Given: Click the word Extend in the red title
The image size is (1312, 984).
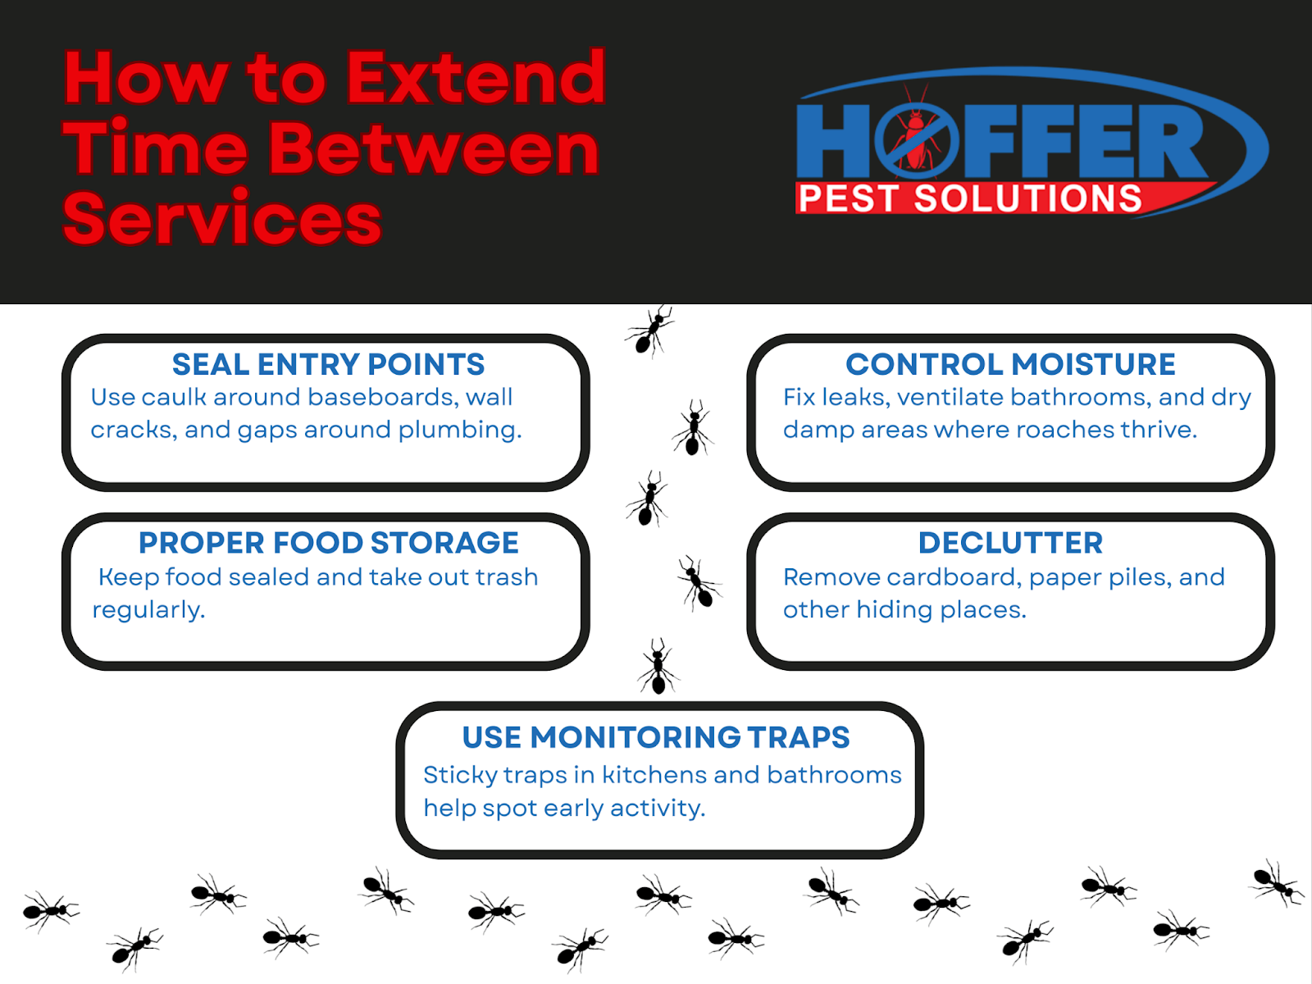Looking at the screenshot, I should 476,78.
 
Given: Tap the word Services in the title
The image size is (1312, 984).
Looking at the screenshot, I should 222,219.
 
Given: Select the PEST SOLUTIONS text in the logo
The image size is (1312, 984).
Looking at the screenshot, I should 970,198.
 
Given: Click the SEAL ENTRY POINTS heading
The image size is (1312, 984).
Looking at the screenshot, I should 328,364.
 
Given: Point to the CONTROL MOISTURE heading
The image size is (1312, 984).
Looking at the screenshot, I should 1010,364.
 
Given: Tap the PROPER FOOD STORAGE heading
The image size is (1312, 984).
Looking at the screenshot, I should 328,543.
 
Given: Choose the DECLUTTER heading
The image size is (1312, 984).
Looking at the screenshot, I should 1010,543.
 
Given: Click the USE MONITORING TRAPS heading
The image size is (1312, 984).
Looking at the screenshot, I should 656,737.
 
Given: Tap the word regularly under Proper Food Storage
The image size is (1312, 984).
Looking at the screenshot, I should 148,610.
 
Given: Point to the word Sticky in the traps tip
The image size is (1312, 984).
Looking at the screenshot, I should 453,776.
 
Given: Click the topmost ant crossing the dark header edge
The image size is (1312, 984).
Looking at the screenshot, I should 649,330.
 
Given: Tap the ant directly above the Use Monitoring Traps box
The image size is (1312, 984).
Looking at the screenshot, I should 658,667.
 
